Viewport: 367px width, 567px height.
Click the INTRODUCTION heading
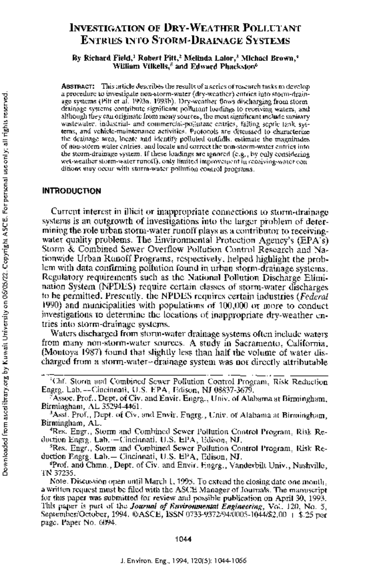coord(71,191)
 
